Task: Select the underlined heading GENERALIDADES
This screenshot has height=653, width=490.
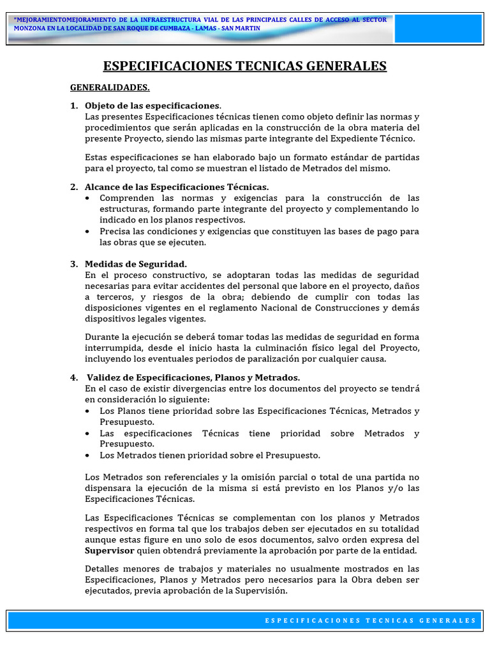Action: point(110,87)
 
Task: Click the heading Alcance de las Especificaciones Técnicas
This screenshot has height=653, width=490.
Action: point(177,187)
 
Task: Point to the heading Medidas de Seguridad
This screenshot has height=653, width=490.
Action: point(136,264)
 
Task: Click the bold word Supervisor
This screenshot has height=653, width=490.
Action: point(109,550)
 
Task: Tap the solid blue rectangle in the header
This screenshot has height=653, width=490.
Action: point(438,29)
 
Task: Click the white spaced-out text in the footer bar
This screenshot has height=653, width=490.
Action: point(370,620)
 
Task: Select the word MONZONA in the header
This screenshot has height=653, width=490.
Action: point(30,29)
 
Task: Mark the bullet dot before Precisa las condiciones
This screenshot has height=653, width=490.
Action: point(87,231)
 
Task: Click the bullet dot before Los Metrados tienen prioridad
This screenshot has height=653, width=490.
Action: point(87,455)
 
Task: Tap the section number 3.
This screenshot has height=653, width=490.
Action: point(73,264)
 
